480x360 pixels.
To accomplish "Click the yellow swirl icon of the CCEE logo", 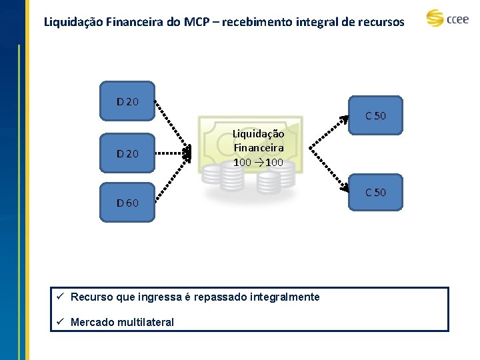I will coord(435,18).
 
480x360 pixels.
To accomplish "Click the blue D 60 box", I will coord(127,203).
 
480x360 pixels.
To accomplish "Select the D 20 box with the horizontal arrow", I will coord(127,154).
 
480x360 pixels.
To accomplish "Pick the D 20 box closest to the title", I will coord(127,102).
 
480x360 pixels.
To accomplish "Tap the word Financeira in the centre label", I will coord(258,148).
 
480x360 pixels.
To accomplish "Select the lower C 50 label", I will coord(376,193).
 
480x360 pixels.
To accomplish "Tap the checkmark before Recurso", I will coord(60,297).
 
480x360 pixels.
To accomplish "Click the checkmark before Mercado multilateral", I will coord(60,322).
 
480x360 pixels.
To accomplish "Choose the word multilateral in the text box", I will coord(145,323).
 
